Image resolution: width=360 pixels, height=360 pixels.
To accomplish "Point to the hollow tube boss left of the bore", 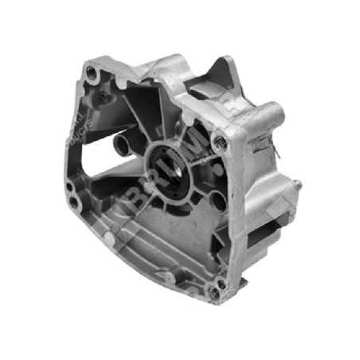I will pos(122,145).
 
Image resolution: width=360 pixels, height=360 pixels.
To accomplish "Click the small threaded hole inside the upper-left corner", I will pos(104,96).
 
